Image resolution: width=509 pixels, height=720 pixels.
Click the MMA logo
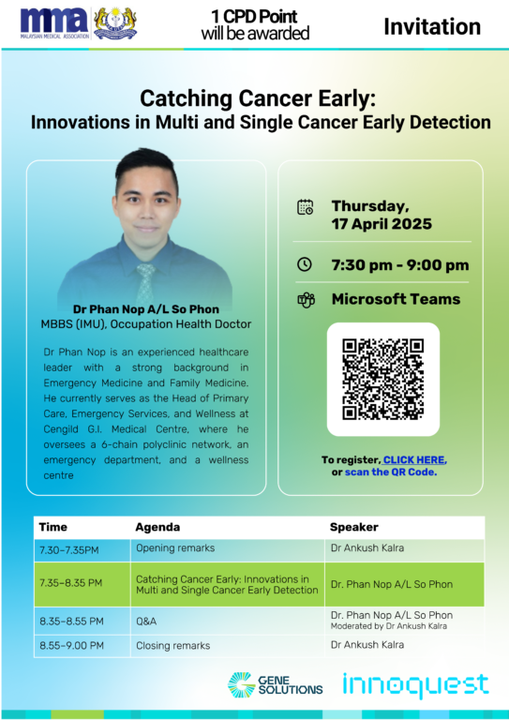54,22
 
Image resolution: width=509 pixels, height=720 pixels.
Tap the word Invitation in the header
432,26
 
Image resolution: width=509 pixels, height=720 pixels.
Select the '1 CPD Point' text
254,17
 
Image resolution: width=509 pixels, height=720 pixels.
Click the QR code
382,380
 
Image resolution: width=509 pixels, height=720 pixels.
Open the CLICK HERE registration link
413,459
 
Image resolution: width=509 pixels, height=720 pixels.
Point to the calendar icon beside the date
306,207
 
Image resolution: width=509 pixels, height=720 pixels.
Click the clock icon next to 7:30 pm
305,264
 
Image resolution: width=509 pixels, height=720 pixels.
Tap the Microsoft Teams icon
306,300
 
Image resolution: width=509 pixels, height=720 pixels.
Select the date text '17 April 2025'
382,224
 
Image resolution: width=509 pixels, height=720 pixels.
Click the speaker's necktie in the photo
146,282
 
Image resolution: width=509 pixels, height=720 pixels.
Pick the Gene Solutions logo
276,684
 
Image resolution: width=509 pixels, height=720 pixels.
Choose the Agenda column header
157,527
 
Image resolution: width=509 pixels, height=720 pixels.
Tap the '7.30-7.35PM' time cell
68,549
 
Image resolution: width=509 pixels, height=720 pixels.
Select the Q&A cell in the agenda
146,622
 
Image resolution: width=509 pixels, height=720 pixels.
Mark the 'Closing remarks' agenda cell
173,646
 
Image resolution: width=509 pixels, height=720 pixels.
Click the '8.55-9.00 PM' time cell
71,646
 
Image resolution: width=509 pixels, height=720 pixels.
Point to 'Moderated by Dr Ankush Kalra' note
389,626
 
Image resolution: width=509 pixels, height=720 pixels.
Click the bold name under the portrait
146,309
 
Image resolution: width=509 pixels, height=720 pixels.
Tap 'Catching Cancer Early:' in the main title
258,98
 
